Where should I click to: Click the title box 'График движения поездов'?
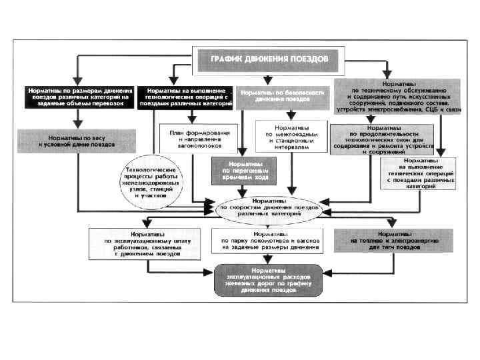(x=269, y=59)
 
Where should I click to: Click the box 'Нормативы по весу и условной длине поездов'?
(x=76, y=140)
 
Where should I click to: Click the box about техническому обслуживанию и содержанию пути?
(x=399, y=94)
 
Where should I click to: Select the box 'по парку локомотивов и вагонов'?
(x=270, y=241)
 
